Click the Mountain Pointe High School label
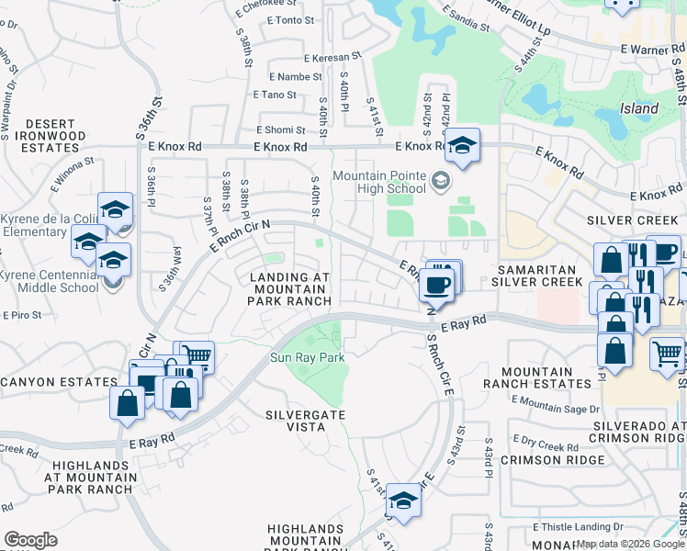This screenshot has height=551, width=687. click(x=379, y=182)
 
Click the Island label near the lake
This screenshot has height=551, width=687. click(x=639, y=108)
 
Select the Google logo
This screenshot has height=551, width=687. click(x=30, y=540)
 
